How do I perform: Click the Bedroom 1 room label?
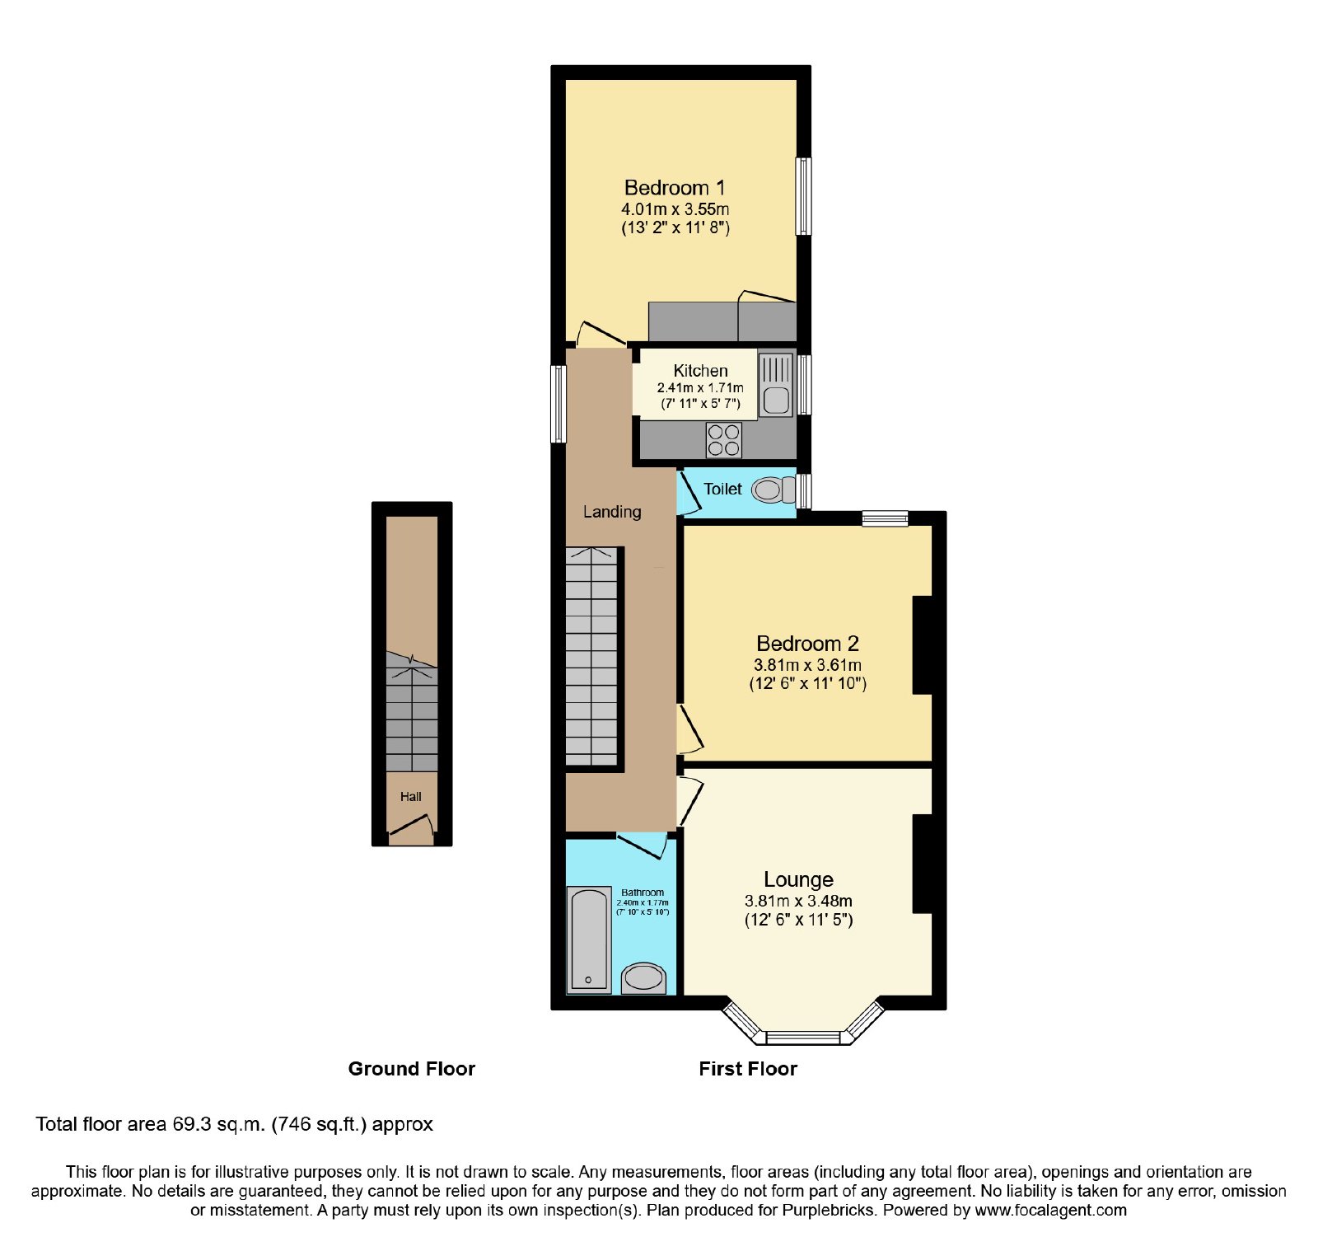675,188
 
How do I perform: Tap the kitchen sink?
776,385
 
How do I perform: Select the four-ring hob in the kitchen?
724,440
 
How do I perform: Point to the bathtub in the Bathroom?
589,939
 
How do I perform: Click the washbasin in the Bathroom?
643,978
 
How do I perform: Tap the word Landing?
612,512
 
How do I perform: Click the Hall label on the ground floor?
411,797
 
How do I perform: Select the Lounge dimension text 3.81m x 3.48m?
798,902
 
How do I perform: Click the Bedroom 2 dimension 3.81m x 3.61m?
808,665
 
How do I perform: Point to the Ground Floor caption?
412,1069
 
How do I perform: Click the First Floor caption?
748,1069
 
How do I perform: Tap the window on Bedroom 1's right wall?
803,196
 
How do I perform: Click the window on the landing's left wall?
559,404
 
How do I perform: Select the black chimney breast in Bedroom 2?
923,644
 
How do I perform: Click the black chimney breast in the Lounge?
923,864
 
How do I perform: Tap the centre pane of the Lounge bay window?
803,1038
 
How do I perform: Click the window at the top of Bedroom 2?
886,518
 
